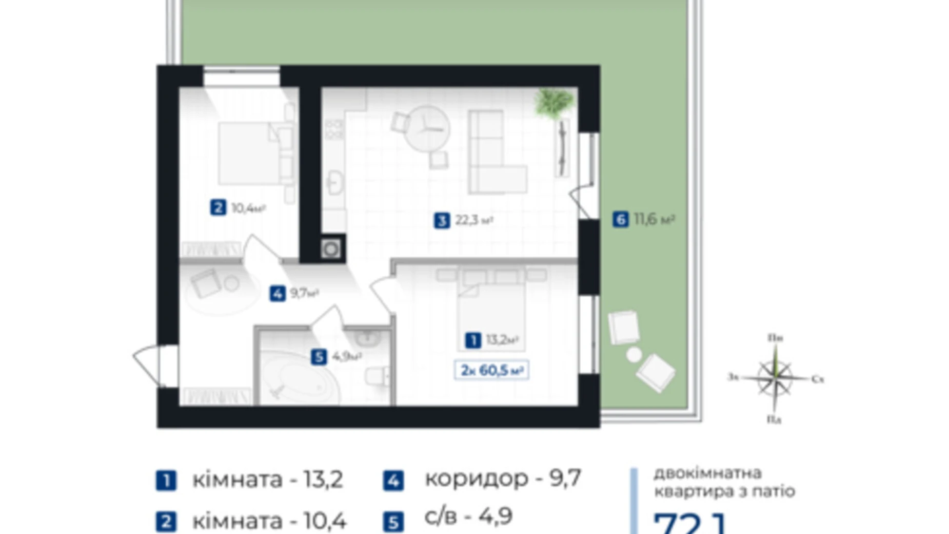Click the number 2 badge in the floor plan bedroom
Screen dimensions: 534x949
tap(218, 208)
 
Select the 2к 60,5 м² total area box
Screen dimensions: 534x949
tap(491, 370)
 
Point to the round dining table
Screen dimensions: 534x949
tap(426, 128)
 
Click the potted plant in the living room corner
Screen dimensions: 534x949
tap(553, 102)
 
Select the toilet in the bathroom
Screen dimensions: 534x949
tap(378, 377)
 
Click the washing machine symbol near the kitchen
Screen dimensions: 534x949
tap(331, 250)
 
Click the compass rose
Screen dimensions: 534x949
tap(775, 379)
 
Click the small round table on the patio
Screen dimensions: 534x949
tap(634, 354)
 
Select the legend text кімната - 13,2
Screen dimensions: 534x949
tap(267, 480)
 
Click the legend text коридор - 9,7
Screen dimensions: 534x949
tap(503, 479)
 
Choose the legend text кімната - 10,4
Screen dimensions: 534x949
tap(269, 521)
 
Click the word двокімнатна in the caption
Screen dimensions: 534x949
tap(700, 473)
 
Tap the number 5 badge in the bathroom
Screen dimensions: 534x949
tap(319, 357)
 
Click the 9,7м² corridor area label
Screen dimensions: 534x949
tap(305, 293)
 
